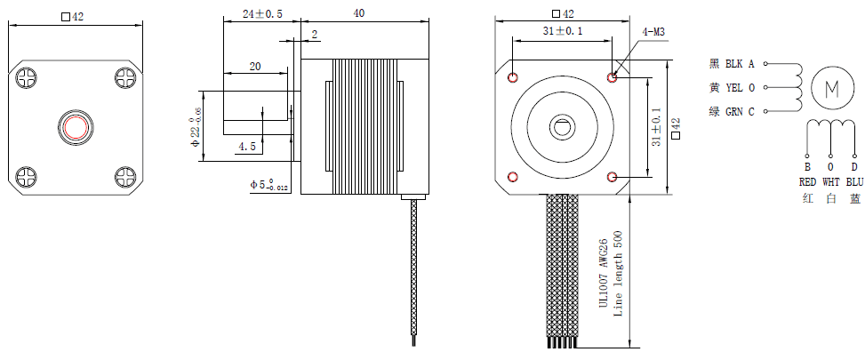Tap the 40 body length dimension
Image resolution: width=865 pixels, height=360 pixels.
359,14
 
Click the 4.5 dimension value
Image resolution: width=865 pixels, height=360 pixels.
246,145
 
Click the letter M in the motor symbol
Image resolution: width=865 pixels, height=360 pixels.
832,88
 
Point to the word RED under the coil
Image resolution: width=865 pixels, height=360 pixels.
807,181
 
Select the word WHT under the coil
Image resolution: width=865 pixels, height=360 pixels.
831,181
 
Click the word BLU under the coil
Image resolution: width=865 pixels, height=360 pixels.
854,181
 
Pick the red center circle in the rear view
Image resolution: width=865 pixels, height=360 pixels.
74,127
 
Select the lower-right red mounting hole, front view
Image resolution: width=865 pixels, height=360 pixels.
613,177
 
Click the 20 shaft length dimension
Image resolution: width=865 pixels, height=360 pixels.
255,67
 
